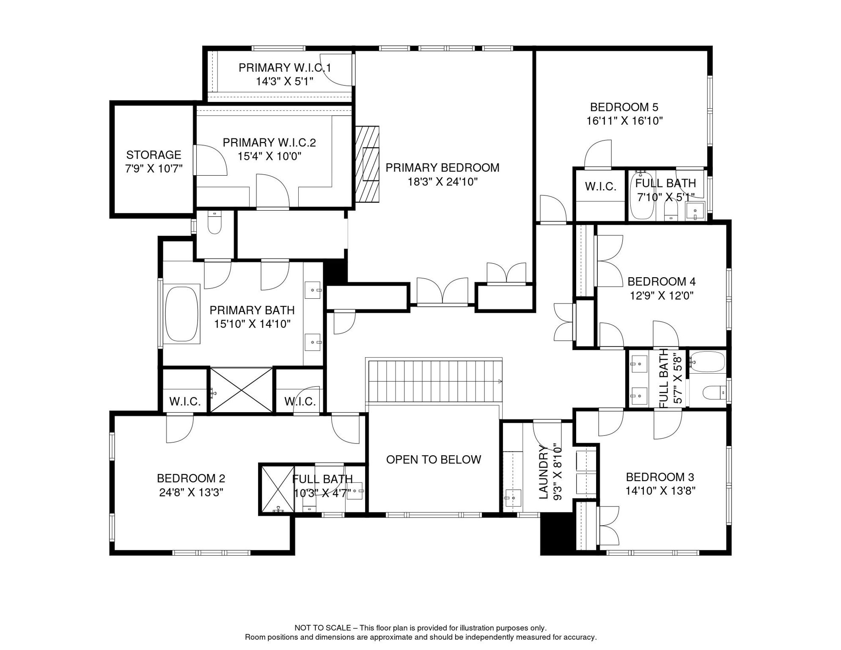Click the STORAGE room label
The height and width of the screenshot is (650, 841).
pos(154,155)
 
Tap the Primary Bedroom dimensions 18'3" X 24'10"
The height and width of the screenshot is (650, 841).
pos(442,182)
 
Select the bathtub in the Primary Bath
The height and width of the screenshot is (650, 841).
pos(181,314)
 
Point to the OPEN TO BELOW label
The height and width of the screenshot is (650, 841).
pos(434,460)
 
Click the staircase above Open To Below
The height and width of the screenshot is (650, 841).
pos(434,381)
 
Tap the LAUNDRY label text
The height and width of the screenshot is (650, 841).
pos(544,472)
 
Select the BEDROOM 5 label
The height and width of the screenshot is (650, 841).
pos(624,107)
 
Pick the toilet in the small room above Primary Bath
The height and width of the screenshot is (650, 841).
pos(215,223)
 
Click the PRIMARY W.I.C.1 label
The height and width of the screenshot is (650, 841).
pos(285,68)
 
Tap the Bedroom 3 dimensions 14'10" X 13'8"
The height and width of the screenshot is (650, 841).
pos(660,491)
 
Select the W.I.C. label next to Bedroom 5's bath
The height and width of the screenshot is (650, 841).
pos(600,186)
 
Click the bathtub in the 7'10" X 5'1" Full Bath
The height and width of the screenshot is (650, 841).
pos(642,197)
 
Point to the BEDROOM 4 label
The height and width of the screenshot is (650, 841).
pos(662,281)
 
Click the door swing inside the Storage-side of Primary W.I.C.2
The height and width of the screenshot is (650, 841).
pos(210,160)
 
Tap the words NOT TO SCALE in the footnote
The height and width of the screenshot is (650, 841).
pos(322,628)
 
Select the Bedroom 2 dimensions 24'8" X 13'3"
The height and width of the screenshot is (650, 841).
pos(191,493)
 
